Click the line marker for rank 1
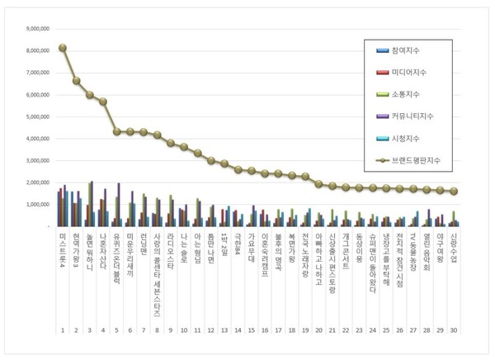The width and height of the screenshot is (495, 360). (63, 47)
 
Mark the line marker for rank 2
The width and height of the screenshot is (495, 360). (76, 81)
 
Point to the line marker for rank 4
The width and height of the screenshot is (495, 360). (103, 102)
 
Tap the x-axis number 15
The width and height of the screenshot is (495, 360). (251, 330)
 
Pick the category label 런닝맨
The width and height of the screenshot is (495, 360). (143, 247)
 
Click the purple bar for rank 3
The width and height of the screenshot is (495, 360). (92, 203)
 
